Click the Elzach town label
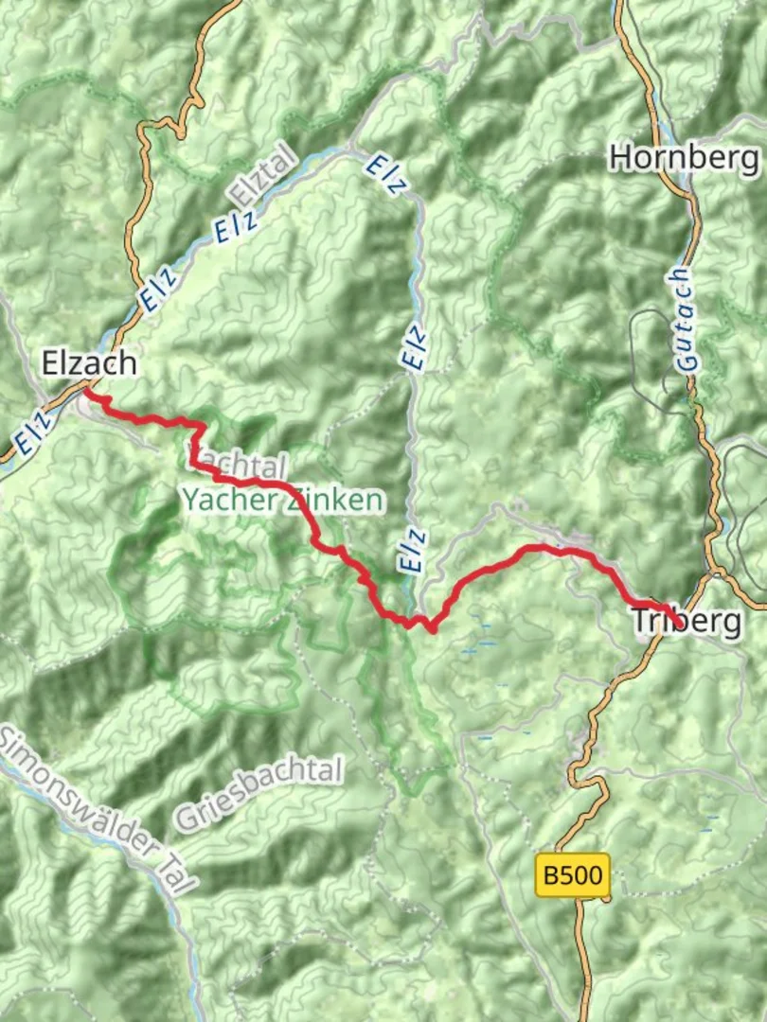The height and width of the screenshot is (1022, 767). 89,362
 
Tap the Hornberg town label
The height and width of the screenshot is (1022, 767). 685,156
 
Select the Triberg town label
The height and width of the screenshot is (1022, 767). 687,622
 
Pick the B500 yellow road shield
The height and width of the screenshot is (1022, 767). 572,875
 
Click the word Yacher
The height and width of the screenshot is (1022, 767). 223,500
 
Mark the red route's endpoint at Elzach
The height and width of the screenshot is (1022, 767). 87,390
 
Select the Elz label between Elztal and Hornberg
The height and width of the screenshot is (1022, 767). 386,174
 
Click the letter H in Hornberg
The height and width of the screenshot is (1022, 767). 621,156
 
